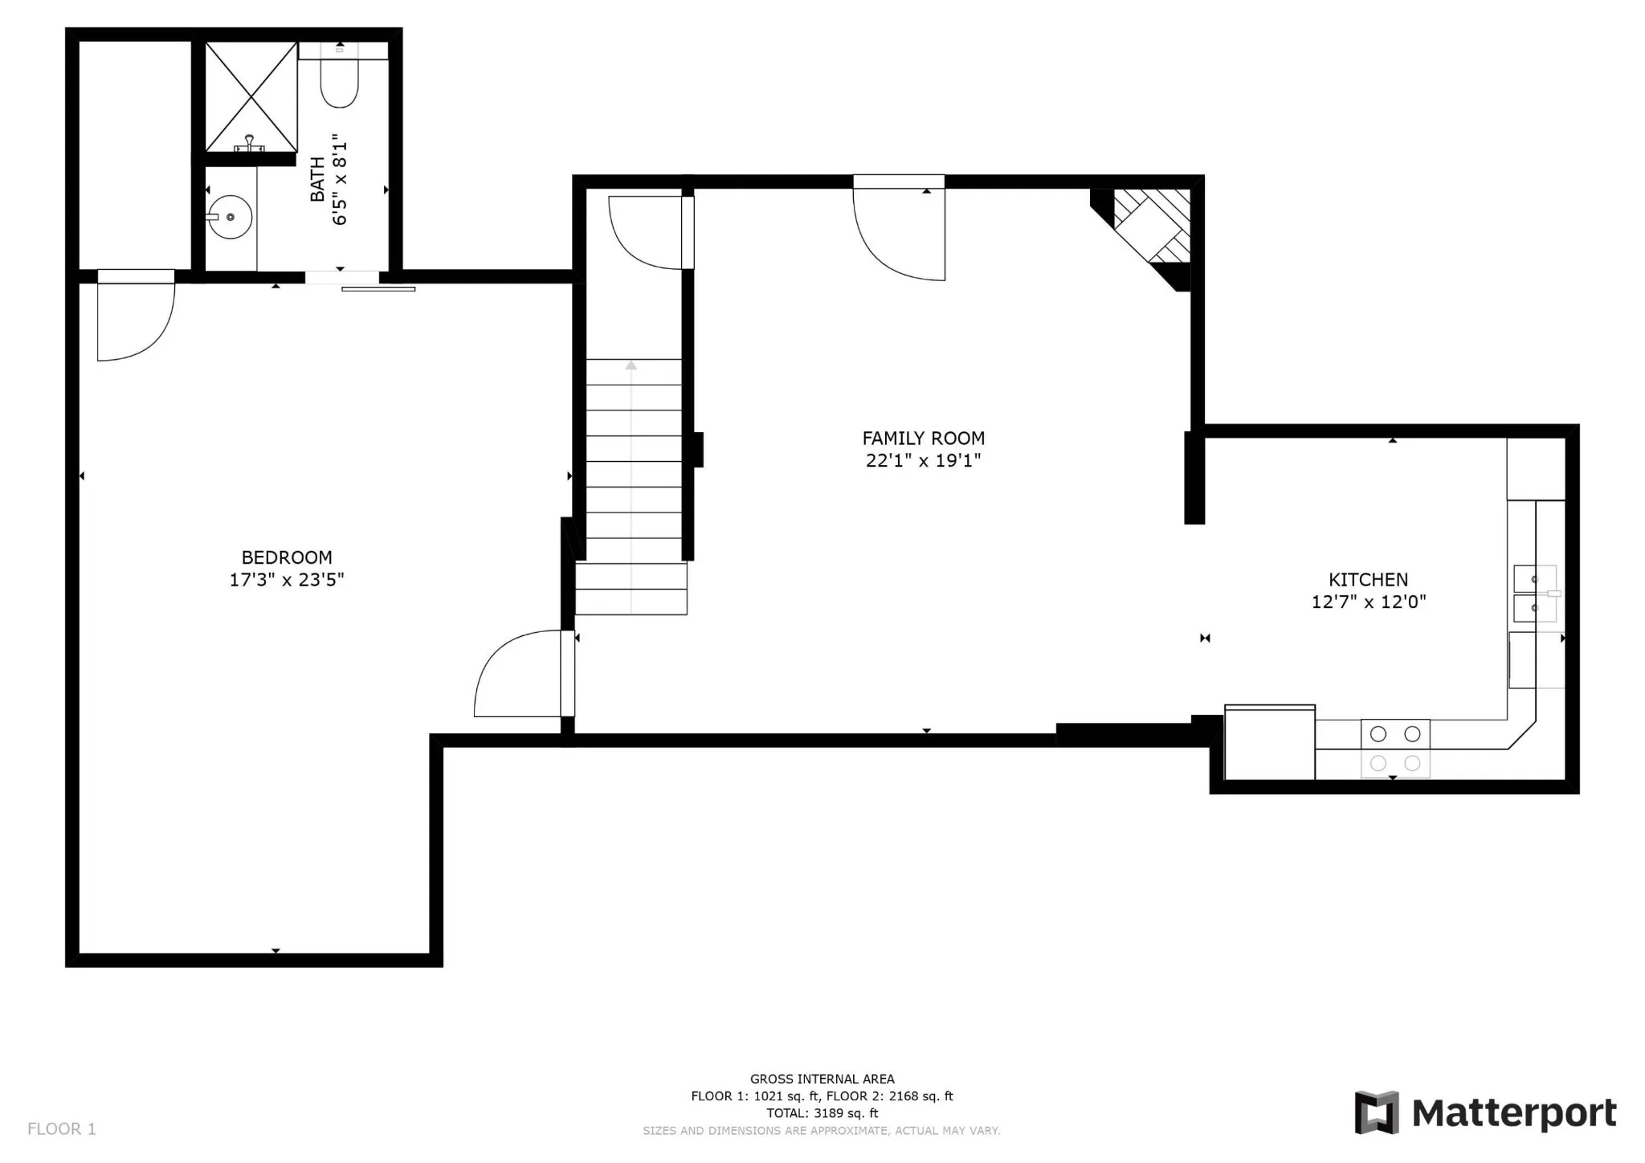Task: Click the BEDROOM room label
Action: pyautogui.click(x=287, y=557)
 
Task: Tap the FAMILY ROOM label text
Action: pyautogui.click(x=923, y=439)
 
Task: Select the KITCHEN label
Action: pyautogui.click(x=1368, y=580)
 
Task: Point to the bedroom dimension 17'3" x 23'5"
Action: pyautogui.click(x=287, y=580)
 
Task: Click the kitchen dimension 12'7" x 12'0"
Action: pyautogui.click(x=1369, y=602)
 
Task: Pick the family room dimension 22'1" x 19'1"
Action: pyautogui.click(x=923, y=460)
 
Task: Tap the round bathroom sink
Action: pyautogui.click(x=230, y=217)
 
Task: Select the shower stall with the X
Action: pyautogui.click(x=251, y=97)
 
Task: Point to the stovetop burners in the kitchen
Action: pyautogui.click(x=1395, y=749)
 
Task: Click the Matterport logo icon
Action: pyautogui.click(x=1377, y=1112)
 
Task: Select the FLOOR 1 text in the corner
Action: pyautogui.click(x=62, y=1129)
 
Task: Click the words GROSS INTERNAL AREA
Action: pyautogui.click(x=822, y=1079)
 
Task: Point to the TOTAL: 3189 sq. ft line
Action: pyautogui.click(x=822, y=1113)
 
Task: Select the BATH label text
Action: pyautogui.click(x=317, y=179)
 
